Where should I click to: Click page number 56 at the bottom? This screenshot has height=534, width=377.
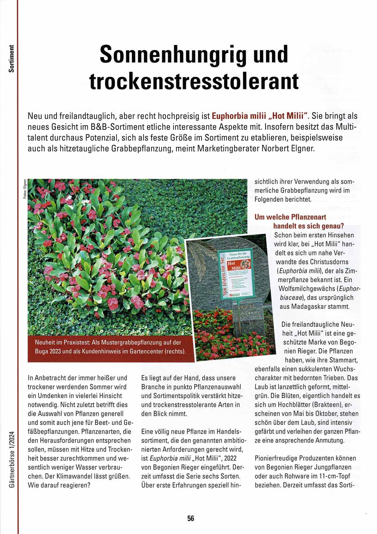(190, 518)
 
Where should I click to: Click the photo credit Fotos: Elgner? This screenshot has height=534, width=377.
(25, 189)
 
